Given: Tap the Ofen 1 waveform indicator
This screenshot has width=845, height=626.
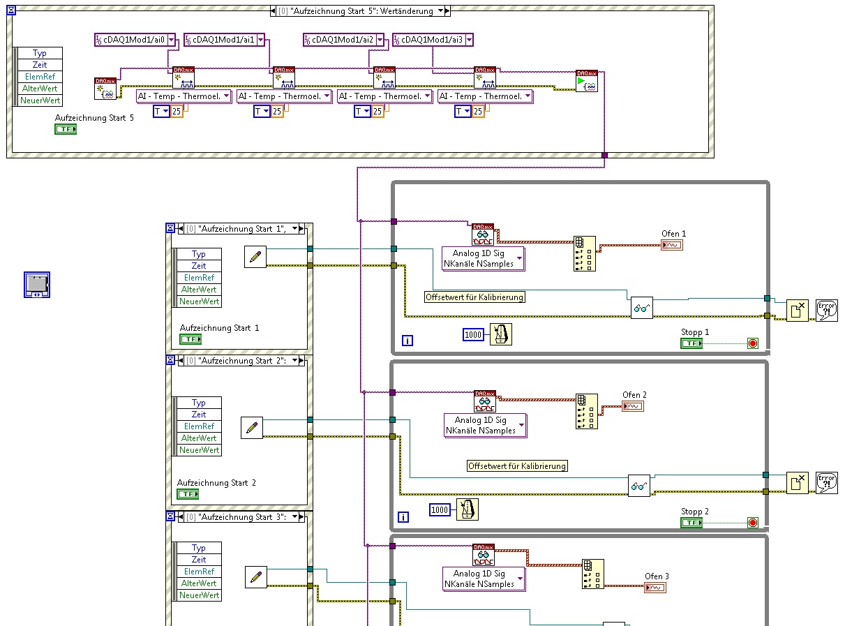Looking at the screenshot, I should [x=673, y=245].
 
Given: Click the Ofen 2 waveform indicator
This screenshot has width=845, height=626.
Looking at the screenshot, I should [x=634, y=406].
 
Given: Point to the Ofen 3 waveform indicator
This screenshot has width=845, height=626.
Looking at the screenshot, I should [x=656, y=588].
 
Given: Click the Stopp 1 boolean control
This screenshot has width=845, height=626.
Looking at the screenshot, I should [x=691, y=343].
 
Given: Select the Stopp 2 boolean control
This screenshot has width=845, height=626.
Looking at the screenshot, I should [x=691, y=522].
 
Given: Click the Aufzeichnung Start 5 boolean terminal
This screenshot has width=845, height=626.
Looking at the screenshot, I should [x=66, y=129].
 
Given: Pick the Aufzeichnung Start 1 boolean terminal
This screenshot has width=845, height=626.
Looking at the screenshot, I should [x=190, y=339].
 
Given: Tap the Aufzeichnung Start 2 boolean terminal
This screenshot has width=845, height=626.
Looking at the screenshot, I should [x=188, y=494].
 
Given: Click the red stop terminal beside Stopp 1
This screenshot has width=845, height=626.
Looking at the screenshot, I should [x=753, y=343].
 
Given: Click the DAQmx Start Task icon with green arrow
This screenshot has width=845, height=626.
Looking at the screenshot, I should [x=586, y=82].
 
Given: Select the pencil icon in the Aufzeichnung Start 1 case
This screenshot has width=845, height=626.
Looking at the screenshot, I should [x=255, y=257].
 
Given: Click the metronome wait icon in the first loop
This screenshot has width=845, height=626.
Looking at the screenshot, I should [x=500, y=334].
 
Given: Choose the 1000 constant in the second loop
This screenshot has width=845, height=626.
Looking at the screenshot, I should [x=440, y=510].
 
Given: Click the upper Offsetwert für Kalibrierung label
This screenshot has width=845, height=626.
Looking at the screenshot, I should [x=474, y=297].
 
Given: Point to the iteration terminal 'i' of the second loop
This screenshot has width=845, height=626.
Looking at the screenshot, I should [x=403, y=517].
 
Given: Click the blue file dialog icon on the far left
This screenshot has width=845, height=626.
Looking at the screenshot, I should [x=36, y=284].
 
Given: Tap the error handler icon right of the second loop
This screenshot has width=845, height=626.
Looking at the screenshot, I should [x=826, y=483].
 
